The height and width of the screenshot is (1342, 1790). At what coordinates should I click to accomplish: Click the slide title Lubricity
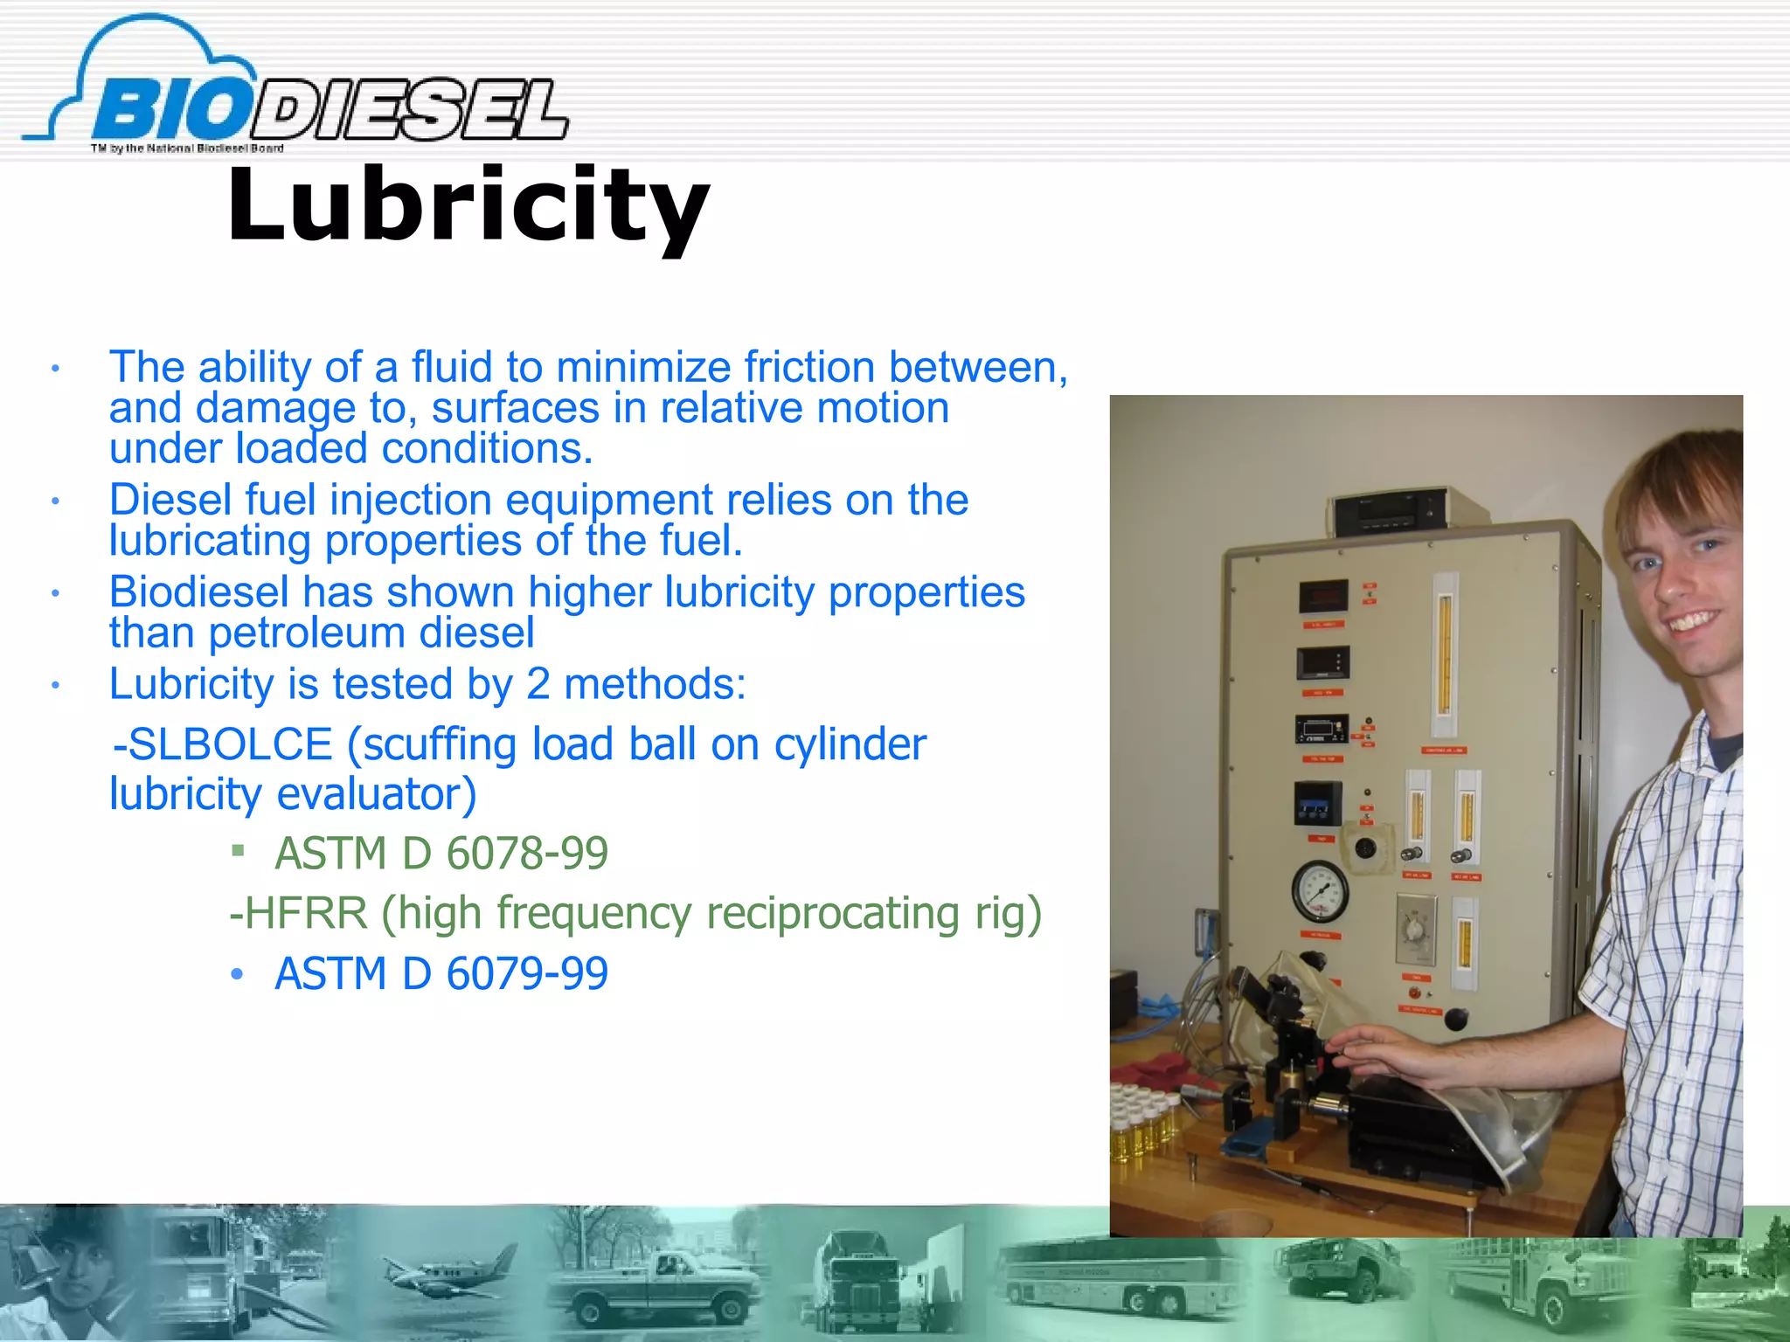468,206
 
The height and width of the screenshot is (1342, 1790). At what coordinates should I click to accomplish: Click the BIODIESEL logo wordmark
332,109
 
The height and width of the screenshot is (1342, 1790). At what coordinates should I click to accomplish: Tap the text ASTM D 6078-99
441,853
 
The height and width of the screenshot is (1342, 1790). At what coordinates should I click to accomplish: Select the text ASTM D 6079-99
441,973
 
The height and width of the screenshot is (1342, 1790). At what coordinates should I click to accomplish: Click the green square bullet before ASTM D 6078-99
238,849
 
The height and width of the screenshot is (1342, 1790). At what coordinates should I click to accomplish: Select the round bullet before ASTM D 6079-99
237,973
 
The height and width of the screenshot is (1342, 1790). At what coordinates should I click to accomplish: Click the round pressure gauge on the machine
1320,890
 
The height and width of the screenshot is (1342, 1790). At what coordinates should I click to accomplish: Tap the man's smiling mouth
1690,622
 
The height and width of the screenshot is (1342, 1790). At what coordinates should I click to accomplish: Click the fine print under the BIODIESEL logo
187,149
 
